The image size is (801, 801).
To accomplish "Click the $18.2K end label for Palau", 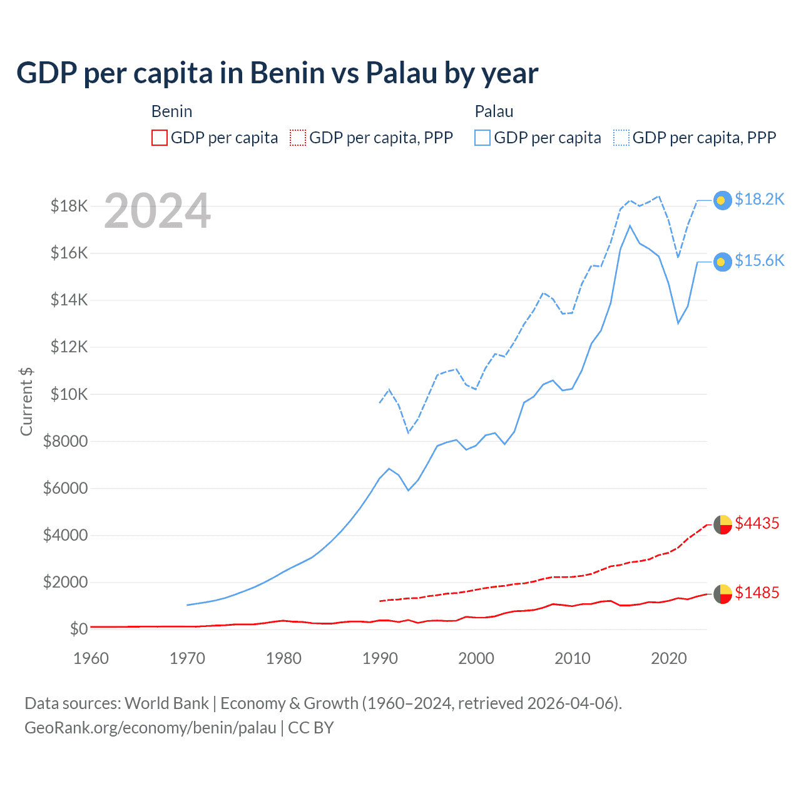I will (x=759, y=199).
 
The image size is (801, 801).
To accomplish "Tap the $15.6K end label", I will (x=759, y=260).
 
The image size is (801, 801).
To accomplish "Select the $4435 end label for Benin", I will (x=757, y=523).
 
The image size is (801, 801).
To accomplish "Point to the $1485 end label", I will (x=757, y=593).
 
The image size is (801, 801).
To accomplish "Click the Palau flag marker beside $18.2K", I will (x=723, y=200).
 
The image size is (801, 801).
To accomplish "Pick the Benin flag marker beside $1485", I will (x=723, y=594).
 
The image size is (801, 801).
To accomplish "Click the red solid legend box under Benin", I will (x=160, y=138).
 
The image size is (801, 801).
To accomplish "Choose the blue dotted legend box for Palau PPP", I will (x=621, y=138).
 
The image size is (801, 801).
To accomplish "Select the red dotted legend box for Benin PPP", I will (x=298, y=138).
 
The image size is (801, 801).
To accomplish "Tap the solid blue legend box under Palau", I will (x=482, y=138).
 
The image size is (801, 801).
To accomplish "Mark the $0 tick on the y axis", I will (x=78, y=629).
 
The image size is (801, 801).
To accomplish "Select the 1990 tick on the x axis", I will (x=380, y=658).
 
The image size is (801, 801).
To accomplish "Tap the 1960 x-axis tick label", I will (x=91, y=658).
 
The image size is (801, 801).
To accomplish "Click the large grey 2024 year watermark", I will (x=157, y=211).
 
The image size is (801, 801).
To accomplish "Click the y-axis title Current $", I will (x=26, y=401).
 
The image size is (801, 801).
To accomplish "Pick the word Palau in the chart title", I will (x=401, y=73).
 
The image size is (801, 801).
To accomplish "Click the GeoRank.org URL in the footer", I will (x=150, y=728).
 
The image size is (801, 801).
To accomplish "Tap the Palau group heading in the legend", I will (x=494, y=111).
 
